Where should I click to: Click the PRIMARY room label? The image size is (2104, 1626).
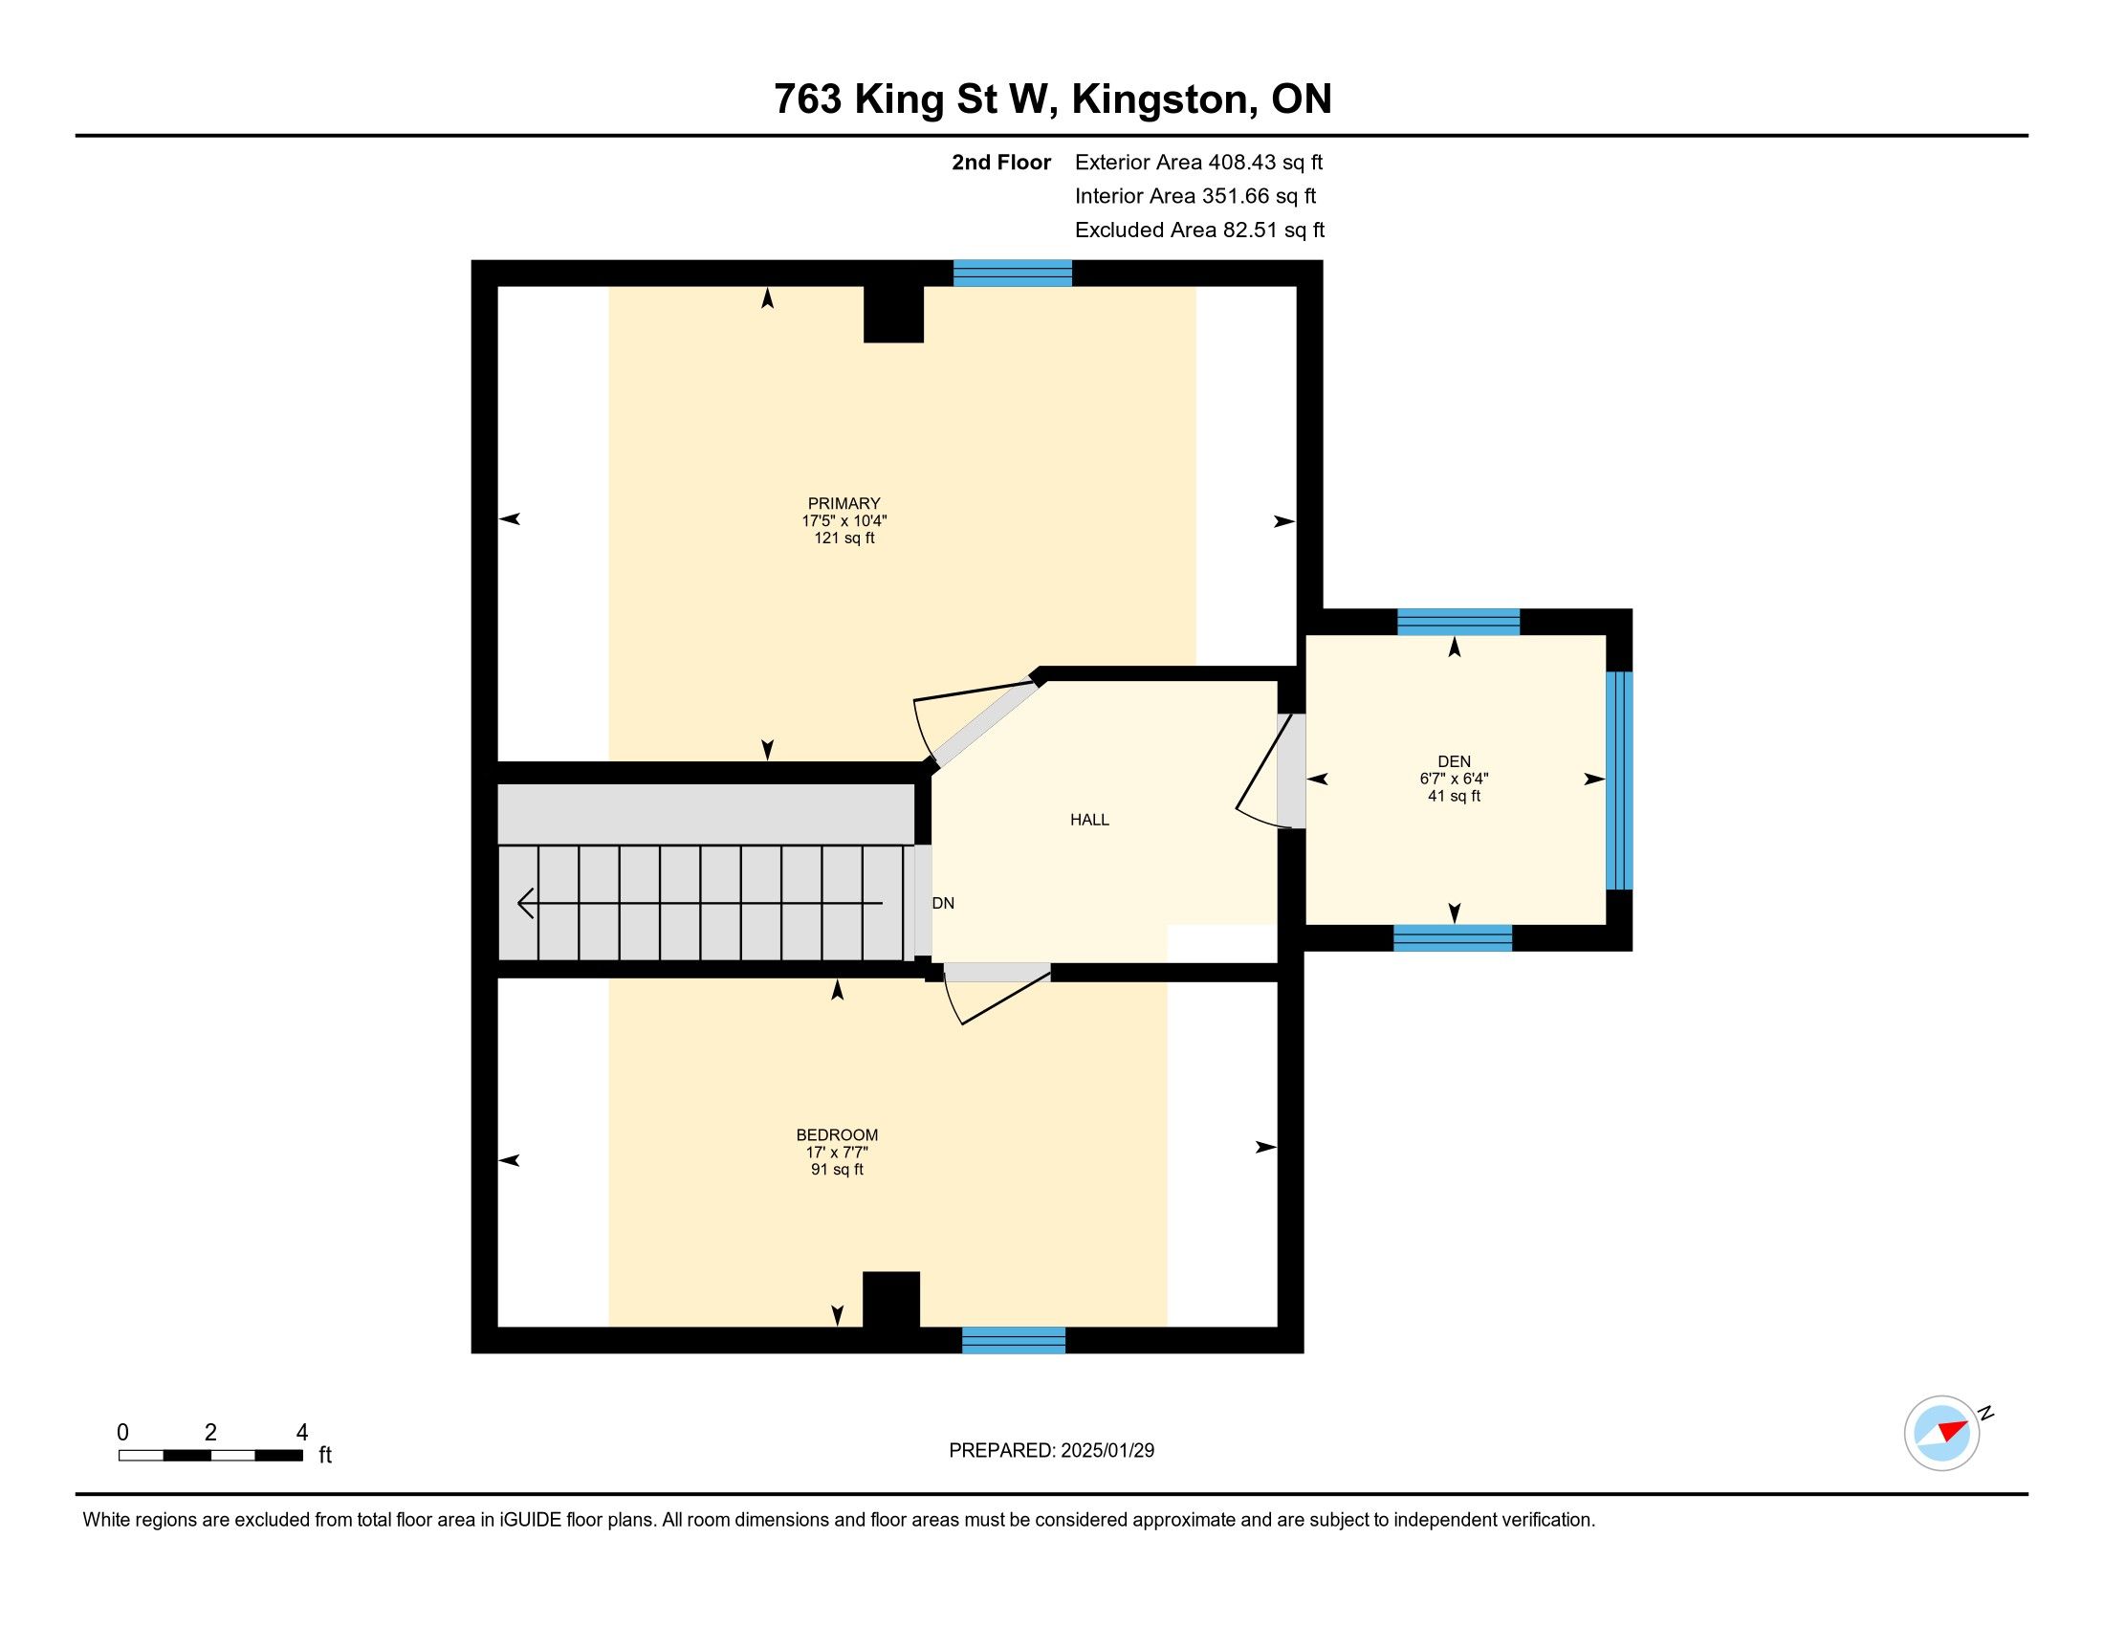click(x=844, y=503)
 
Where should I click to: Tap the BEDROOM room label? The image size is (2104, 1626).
click(x=837, y=1134)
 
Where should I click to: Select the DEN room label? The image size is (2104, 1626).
click(x=1455, y=761)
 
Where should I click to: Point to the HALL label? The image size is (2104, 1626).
click(x=1089, y=820)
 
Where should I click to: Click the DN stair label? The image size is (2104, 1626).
click(x=943, y=903)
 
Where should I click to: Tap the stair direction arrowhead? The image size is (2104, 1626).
click(x=526, y=904)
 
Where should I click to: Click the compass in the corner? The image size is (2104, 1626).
click(x=1942, y=1433)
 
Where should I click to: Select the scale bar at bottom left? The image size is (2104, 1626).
click(x=211, y=1455)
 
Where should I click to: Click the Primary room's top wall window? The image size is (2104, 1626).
click(x=1013, y=274)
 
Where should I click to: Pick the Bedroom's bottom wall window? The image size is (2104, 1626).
click(x=1014, y=1340)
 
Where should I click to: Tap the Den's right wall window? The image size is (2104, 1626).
click(x=1619, y=780)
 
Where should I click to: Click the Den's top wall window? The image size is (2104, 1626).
click(x=1458, y=623)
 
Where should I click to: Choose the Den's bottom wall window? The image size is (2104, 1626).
click(x=1453, y=938)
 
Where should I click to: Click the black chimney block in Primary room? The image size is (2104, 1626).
click(x=893, y=314)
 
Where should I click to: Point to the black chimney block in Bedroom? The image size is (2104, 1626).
click(x=891, y=1300)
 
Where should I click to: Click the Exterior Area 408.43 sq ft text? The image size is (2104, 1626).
click(x=1198, y=162)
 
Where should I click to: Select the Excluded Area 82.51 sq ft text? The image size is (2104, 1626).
click(x=1199, y=230)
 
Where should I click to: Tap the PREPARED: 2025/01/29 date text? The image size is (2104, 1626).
click(x=1051, y=1450)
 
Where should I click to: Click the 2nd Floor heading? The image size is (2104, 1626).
click(x=1001, y=162)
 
